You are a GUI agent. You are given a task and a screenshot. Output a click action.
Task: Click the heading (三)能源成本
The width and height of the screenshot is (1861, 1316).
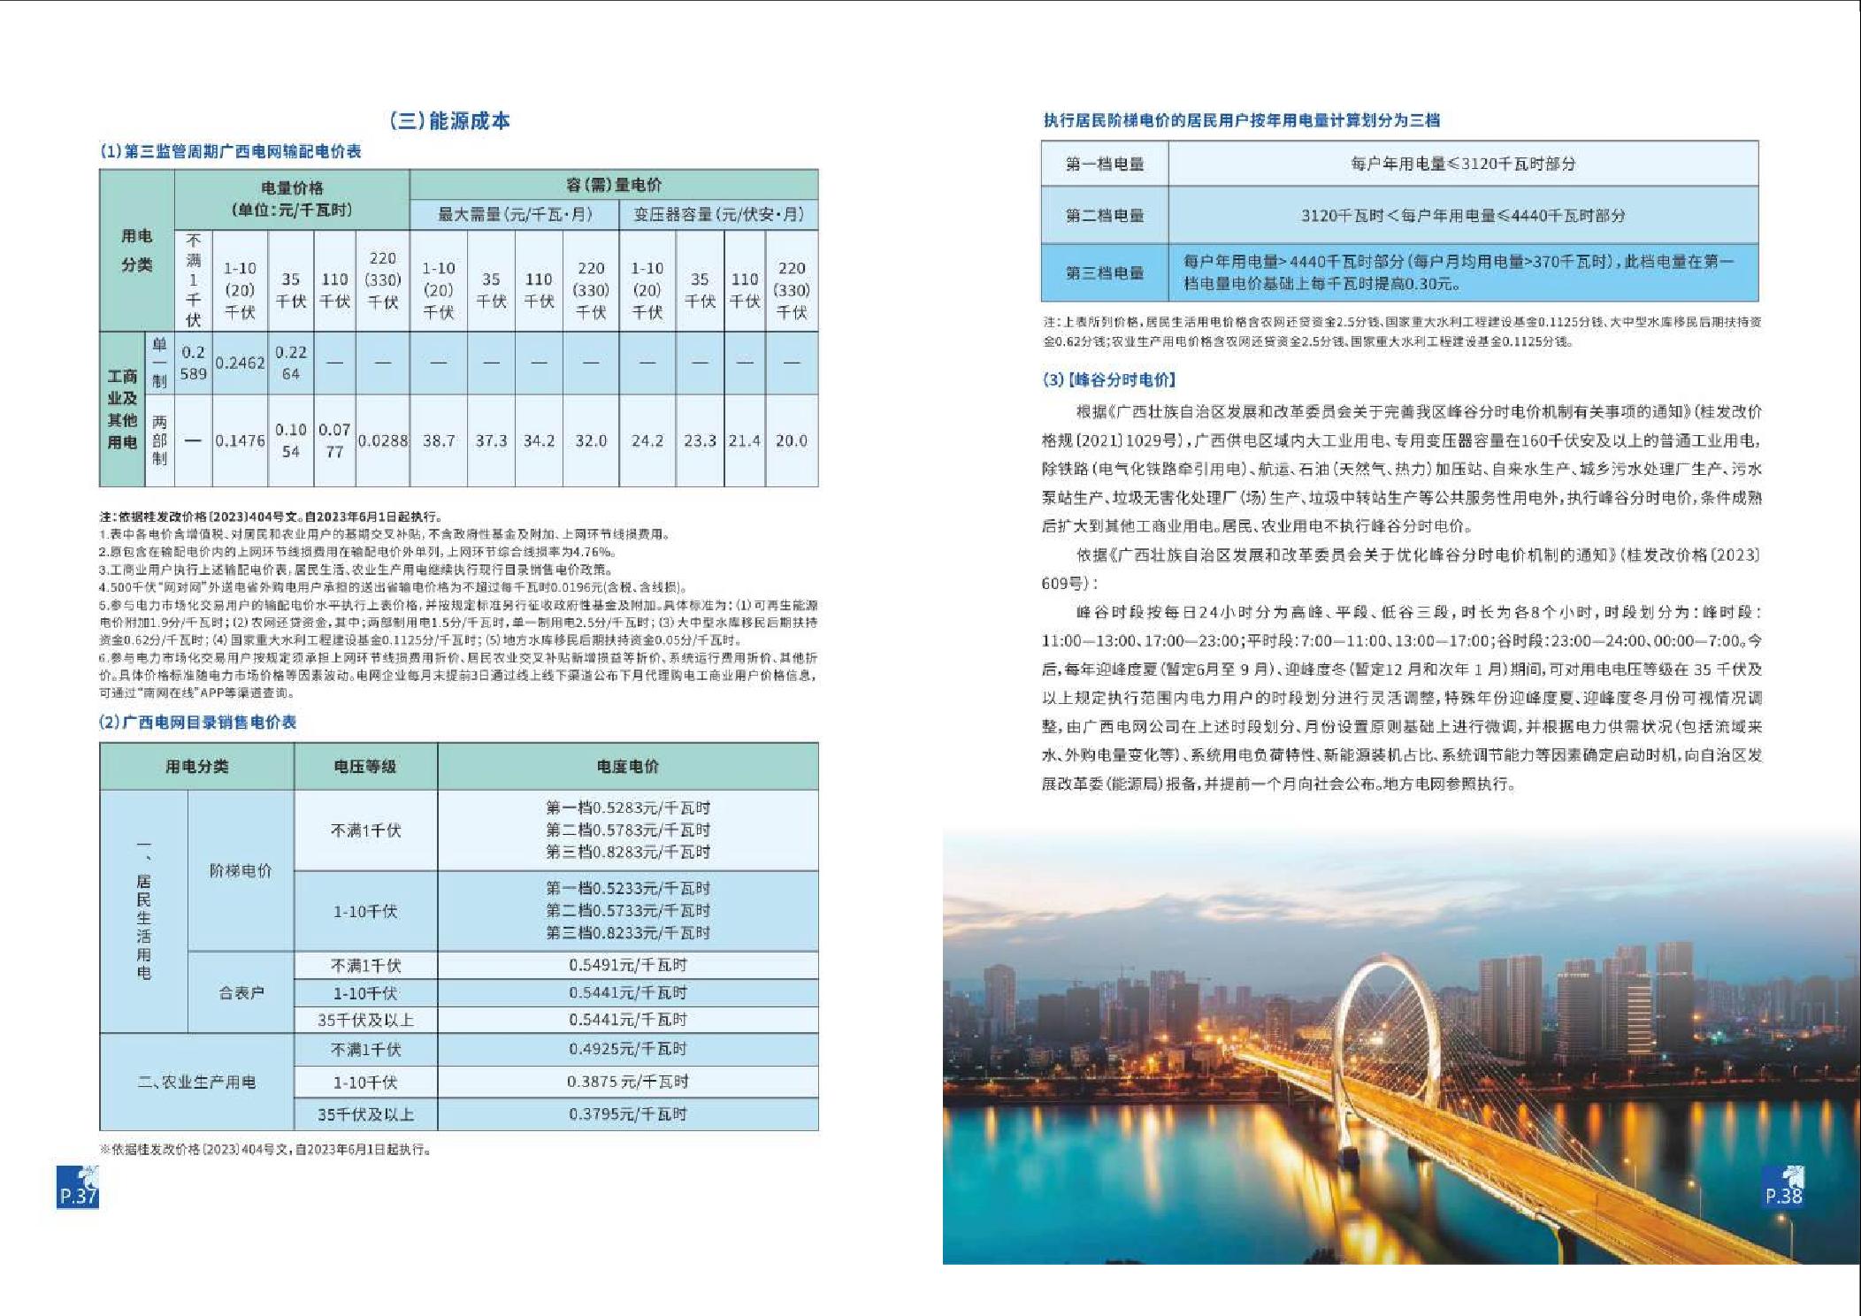coord(450,121)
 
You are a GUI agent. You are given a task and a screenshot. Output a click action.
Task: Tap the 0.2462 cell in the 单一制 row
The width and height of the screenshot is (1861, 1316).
coord(240,363)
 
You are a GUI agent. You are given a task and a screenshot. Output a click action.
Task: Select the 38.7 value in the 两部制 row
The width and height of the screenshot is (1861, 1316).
coord(439,440)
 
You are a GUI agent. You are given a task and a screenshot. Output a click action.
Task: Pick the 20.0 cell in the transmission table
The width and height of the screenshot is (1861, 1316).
coord(791,440)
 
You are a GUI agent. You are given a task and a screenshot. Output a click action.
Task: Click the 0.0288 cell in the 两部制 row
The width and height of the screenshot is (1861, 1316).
coord(383,440)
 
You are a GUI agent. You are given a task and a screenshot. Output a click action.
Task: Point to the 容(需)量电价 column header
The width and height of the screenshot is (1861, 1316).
coord(613,185)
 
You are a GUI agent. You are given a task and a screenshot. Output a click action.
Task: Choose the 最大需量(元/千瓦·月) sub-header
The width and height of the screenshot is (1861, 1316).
coord(515,215)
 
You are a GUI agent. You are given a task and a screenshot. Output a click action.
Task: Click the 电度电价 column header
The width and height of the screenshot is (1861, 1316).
coord(627,767)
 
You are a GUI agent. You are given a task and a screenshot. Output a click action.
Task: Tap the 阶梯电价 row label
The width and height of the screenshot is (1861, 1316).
coord(241,870)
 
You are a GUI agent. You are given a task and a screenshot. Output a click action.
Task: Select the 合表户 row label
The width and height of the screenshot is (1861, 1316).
coord(241,993)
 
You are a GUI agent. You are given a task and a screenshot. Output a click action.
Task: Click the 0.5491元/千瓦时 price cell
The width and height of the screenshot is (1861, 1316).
coord(627,965)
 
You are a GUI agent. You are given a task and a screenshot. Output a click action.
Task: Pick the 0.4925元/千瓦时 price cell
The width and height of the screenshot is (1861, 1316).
coord(627,1049)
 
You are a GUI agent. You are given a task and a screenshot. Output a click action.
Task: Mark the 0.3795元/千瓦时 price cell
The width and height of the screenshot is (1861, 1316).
coord(627,1114)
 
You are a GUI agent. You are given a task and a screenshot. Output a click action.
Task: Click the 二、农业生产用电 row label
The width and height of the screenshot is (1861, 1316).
coord(196,1082)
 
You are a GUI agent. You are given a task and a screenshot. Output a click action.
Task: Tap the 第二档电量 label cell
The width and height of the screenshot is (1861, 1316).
coord(1104,215)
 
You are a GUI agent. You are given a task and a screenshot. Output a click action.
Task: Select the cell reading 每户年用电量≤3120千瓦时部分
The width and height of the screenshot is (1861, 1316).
coord(1463,164)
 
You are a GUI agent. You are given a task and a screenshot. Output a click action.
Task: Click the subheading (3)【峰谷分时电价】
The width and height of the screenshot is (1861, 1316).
coord(1109,380)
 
